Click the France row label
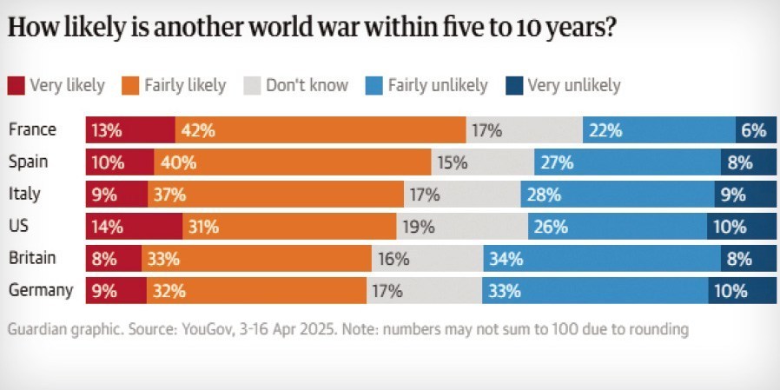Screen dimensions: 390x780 32,130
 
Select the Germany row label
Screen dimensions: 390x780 41,291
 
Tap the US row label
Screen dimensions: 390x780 19,227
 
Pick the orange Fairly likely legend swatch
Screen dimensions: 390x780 130,85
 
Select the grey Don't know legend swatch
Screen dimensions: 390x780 252,85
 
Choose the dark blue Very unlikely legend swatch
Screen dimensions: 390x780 513,85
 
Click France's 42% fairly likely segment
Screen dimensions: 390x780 321,131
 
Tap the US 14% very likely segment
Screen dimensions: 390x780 134,228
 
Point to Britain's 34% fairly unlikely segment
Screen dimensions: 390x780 602,260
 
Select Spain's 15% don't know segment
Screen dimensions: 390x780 483,163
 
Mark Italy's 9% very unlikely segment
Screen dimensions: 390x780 745,195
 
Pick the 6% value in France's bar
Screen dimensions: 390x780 754,131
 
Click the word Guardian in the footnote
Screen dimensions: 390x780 36,330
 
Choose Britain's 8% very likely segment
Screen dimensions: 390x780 114,260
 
